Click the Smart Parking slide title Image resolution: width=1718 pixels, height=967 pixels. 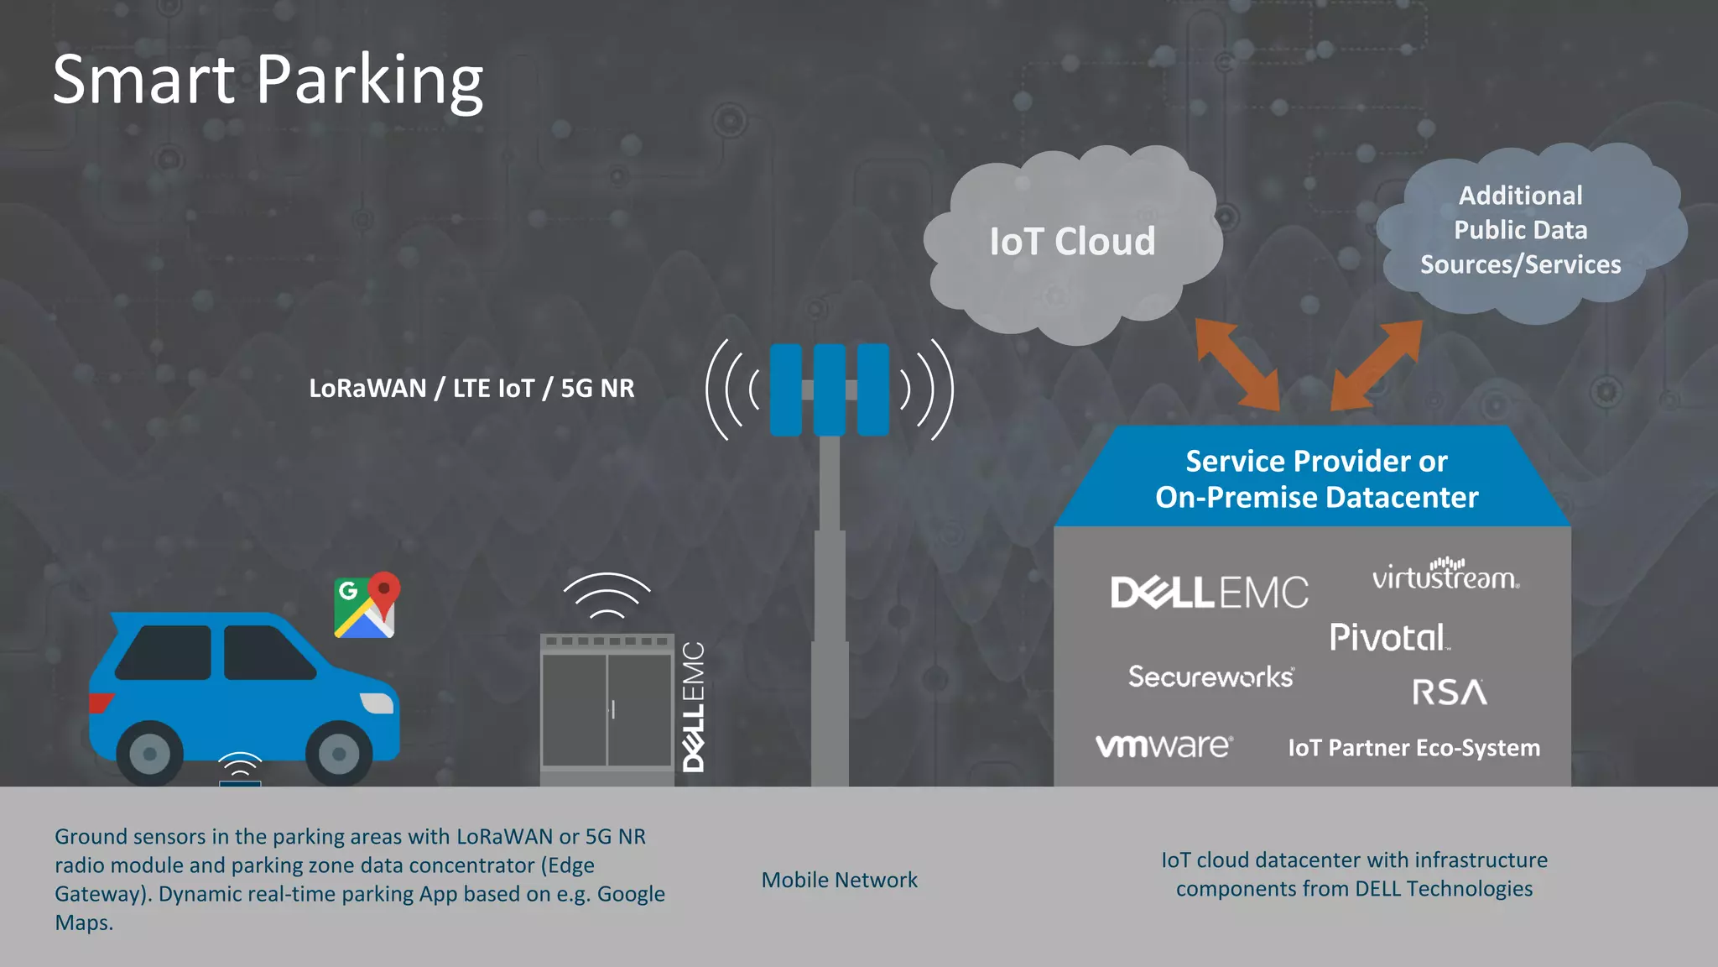[x=268, y=81]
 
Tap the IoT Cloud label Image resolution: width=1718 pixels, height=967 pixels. [x=1072, y=242]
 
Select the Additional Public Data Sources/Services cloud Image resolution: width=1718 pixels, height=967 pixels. [x=1521, y=230]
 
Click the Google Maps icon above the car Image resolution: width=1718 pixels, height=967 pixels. [x=367, y=606]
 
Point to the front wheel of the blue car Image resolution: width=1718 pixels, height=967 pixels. [x=339, y=753]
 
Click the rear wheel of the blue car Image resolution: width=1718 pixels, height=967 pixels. [x=149, y=753]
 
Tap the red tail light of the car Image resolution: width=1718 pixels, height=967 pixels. [x=100, y=702]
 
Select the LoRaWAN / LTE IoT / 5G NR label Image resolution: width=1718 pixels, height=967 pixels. [x=471, y=389]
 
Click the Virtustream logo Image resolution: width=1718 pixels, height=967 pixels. [x=1445, y=575]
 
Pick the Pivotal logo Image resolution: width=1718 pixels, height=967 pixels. [x=1389, y=638]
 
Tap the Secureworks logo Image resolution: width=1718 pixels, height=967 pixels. [x=1210, y=677]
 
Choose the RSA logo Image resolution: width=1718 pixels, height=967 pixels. [x=1450, y=693]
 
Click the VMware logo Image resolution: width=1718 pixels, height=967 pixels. [x=1164, y=745]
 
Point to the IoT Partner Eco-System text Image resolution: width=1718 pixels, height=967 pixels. [x=1413, y=748]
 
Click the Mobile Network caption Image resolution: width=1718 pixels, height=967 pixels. [x=839, y=880]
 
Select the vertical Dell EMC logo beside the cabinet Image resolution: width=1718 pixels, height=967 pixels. [x=694, y=707]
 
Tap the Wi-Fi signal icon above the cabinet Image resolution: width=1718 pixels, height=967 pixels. [x=607, y=595]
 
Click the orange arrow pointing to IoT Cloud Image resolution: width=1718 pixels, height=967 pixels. [x=1237, y=363]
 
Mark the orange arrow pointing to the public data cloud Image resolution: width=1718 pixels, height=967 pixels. [x=1377, y=365]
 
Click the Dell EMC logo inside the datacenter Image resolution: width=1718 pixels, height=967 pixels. [x=1209, y=593]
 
